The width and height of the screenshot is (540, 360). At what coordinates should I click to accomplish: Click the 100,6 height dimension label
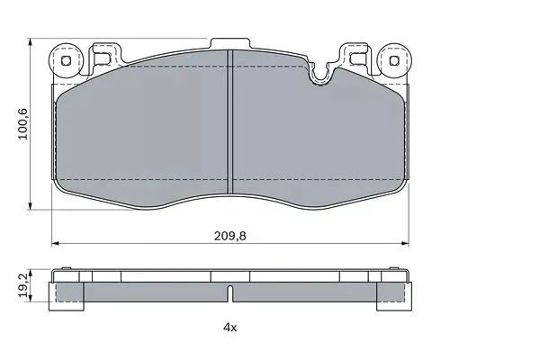click(22, 124)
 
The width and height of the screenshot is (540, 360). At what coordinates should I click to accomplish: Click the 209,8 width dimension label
click(230, 236)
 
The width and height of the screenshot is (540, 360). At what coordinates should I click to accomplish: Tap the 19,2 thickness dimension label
click(22, 285)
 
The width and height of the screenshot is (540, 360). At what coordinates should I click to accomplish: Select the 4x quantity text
click(230, 328)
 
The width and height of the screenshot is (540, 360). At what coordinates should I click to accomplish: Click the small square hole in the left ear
click(66, 61)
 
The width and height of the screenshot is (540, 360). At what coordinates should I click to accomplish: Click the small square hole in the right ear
click(394, 61)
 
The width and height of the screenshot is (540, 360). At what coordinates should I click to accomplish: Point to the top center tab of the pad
click(230, 43)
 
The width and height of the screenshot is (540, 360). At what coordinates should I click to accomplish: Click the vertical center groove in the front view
click(230, 121)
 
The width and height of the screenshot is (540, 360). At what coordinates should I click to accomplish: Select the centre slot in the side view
click(230, 293)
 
